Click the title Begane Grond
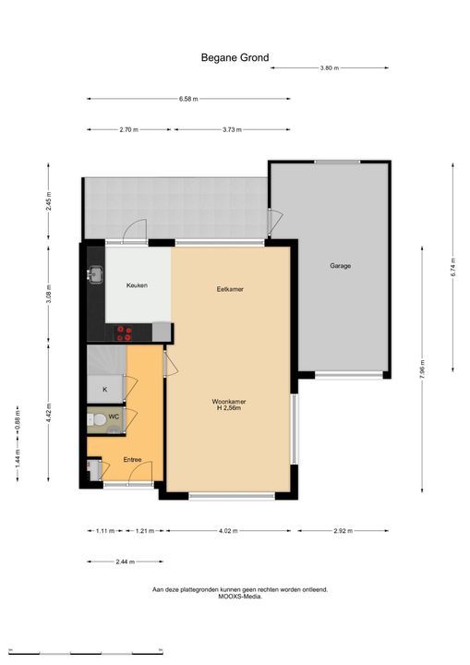tap(235, 57)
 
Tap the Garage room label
tap(340, 266)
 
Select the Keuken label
tap(137, 285)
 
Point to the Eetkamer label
tap(230, 289)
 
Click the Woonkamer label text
tap(229, 401)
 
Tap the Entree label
tap(132, 460)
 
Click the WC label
tap(114, 417)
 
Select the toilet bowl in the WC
tap(100, 420)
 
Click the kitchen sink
tap(96, 274)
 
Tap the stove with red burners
tap(125, 332)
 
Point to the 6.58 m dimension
tap(188, 99)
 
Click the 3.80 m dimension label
tap(330, 67)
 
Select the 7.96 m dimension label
tap(422, 369)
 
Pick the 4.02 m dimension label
tap(229, 530)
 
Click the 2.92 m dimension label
tap(343, 530)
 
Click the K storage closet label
tap(105, 389)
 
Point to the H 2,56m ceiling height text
tap(229, 408)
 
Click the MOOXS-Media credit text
tap(240, 596)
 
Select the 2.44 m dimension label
tap(126, 562)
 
